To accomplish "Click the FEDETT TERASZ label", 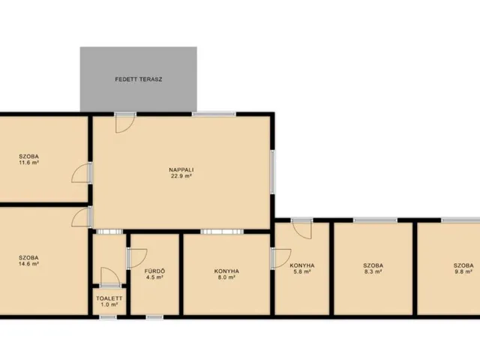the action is click(x=138, y=79).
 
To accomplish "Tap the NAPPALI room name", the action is click(x=181, y=170).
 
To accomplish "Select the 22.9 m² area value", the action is click(x=181, y=176).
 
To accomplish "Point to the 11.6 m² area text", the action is click(x=28, y=163).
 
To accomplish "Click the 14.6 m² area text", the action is click(x=28, y=263).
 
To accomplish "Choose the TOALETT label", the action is click(x=109, y=298).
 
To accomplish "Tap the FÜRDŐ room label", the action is click(x=154, y=271).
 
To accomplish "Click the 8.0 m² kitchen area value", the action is click(x=226, y=277).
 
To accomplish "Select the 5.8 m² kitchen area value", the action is click(x=301, y=271).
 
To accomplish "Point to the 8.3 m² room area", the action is click(x=373, y=271).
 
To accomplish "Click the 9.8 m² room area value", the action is click(x=463, y=271).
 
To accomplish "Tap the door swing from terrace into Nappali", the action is click(x=125, y=123).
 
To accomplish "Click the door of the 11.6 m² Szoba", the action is click(x=82, y=173).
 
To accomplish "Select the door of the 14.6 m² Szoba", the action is click(x=82, y=217).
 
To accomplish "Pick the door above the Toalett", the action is click(x=110, y=277).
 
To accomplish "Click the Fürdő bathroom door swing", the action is click(x=137, y=259).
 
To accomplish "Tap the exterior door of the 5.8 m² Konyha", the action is click(x=301, y=229).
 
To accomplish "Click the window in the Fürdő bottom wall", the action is click(x=154, y=317).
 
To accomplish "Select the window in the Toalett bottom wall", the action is click(x=108, y=317).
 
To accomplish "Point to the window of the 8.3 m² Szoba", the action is click(x=375, y=220).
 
